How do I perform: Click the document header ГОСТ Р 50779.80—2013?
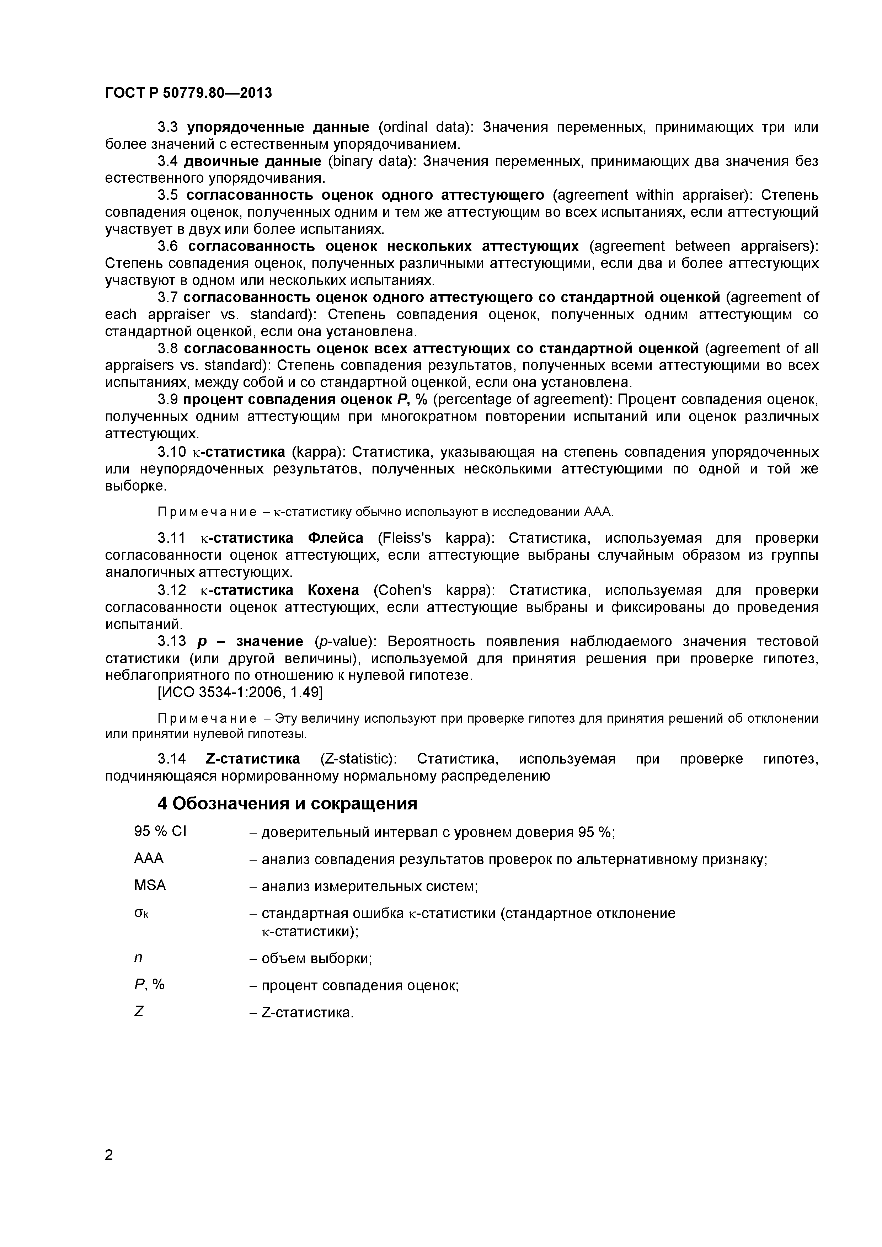pyautogui.click(x=188, y=93)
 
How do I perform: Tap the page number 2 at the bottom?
pyautogui.click(x=109, y=1170)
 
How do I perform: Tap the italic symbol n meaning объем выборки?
pyautogui.click(x=138, y=958)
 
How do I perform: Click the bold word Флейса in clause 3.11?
pyautogui.click(x=335, y=538)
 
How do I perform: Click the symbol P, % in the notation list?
pyautogui.click(x=149, y=985)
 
